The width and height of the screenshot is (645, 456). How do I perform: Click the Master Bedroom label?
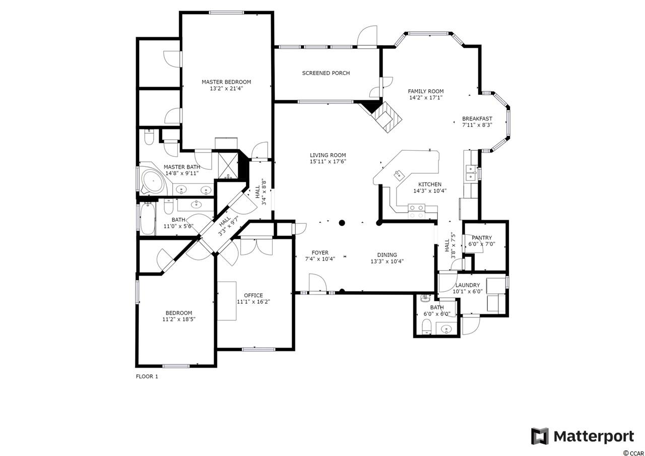pos(226,82)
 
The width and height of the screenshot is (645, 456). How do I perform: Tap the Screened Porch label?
pos(326,73)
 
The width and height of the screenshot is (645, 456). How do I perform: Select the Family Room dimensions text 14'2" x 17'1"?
pos(426,98)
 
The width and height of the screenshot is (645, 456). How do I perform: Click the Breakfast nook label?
pos(477,118)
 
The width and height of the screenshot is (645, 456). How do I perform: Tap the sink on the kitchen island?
pos(399,175)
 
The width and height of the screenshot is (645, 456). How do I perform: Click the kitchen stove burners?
pos(417,211)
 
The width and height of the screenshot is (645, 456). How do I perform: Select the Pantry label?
pos(482,238)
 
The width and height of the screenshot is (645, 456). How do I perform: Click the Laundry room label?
pos(468,285)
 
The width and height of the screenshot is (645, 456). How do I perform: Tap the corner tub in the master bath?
pos(152,181)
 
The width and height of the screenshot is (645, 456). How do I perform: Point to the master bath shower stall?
pos(228,166)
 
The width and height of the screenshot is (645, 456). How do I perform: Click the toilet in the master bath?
pos(149,138)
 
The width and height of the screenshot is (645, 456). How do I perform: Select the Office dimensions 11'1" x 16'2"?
pos(253,302)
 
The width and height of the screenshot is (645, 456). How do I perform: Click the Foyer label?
pos(320,252)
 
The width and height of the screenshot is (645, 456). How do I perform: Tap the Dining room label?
pos(387,255)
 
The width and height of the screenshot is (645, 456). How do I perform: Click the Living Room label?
pos(328,155)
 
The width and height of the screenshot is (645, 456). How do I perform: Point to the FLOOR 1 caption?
pos(147,376)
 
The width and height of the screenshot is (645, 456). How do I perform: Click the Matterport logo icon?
pos(540,436)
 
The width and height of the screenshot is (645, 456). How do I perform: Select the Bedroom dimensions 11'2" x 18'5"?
pos(179,319)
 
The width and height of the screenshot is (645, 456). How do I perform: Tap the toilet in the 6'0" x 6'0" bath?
pos(427,327)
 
